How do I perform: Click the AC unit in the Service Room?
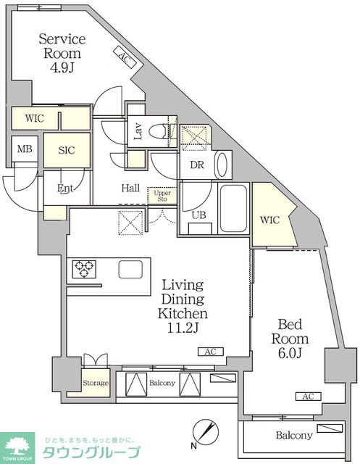(x=125, y=57)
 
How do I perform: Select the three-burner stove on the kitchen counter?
(x=84, y=269)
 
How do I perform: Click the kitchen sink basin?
(x=130, y=269)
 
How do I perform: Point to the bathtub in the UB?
(x=233, y=208)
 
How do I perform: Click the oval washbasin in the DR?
(x=223, y=165)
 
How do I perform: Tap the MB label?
(x=25, y=149)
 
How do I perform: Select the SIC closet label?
(x=67, y=150)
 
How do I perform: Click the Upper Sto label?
(x=162, y=196)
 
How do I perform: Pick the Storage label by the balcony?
(x=96, y=383)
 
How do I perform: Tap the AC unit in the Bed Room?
(x=309, y=397)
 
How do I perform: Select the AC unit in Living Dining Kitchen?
(x=211, y=352)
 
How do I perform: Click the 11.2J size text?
(x=183, y=328)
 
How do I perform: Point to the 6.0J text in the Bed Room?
(x=290, y=353)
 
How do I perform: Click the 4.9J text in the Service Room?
(x=62, y=68)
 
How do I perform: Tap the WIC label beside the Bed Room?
(x=269, y=220)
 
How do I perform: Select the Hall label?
(x=130, y=188)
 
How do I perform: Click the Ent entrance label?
(x=65, y=188)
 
